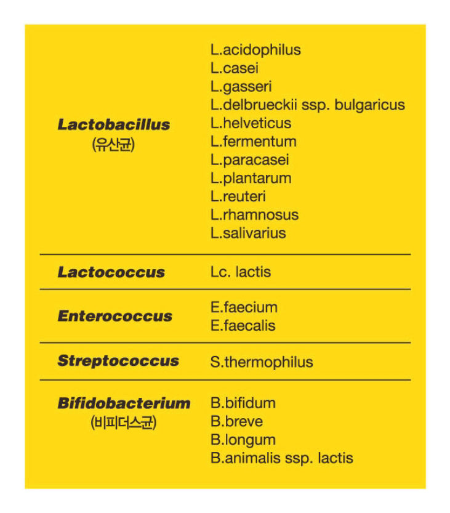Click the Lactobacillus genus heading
click(x=114, y=124)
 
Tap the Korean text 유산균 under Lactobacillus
click(x=113, y=145)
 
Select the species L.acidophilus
click(x=255, y=50)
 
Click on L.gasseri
click(x=241, y=87)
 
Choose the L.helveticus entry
click(x=251, y=123)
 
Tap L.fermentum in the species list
click(x=253, y=142)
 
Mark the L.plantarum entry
click(x=251, y=179)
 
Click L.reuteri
click(x=238, y=197)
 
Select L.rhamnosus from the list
click(x=254, y=215)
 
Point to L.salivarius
click(x=248, y=233)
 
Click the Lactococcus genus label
click(x=111, y=272)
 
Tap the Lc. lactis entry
click(x=240, y=272)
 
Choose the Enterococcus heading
click(x=115, y=316)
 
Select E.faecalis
click(x=243, y=325)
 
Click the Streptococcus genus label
click(x=118, y=361)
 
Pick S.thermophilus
click(x=261, y=362)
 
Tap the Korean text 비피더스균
click(x=123, y=424)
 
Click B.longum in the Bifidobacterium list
click(x=243, y=440)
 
